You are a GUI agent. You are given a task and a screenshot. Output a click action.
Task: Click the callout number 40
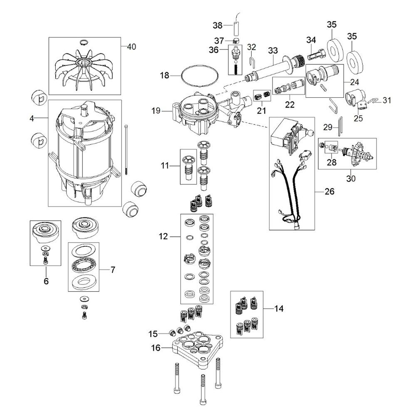click(131, 47)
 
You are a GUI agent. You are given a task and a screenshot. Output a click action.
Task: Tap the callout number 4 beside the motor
click(32, 118)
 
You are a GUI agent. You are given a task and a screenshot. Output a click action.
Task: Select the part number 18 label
click(164, 75)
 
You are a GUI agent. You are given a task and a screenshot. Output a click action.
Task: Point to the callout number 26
click(329, 191)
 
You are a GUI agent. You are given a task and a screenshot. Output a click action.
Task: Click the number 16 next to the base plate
click(156, 347)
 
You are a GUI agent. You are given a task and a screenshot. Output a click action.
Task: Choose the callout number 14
click(279, 309)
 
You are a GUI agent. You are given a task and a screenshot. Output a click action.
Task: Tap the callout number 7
click(113, 270)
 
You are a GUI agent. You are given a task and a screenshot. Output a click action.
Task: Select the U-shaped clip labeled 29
click(340, 126)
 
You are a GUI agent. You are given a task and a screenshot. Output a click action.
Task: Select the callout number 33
click(273, 50)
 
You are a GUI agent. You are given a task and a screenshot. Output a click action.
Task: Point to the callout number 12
click(163, 236)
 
